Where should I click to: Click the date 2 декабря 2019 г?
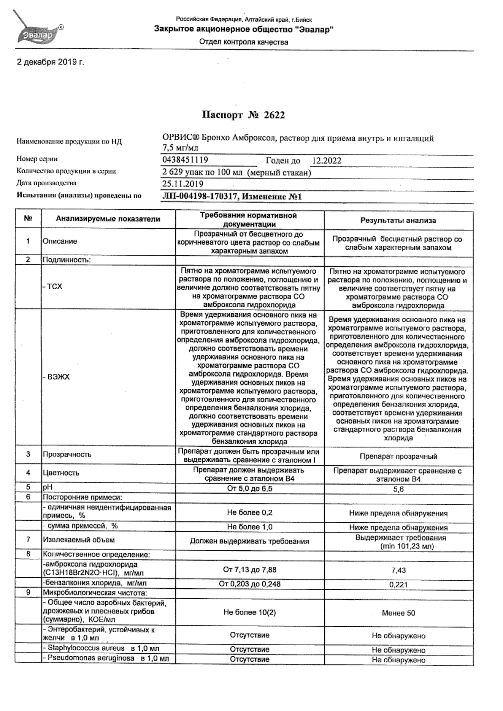coord(50,62)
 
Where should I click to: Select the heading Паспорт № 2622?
coord(243,115)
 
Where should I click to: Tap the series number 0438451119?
coord(185,160)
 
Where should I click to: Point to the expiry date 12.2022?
coord(327,161)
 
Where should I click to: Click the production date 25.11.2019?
coord(183,184)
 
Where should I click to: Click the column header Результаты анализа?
coord(398,220)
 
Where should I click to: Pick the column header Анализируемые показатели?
coord(108,219)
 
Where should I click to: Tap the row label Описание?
coord(60,241)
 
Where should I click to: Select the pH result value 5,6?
coord(398,489)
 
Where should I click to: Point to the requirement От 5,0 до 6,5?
coord(249,488)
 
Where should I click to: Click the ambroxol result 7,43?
coord(398,570)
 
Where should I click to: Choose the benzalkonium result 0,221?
coord(398,585)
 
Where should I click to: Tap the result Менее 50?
coord(398,613)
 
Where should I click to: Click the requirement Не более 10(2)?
coord(249,612)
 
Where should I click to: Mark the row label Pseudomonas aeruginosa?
coord(91,658)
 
